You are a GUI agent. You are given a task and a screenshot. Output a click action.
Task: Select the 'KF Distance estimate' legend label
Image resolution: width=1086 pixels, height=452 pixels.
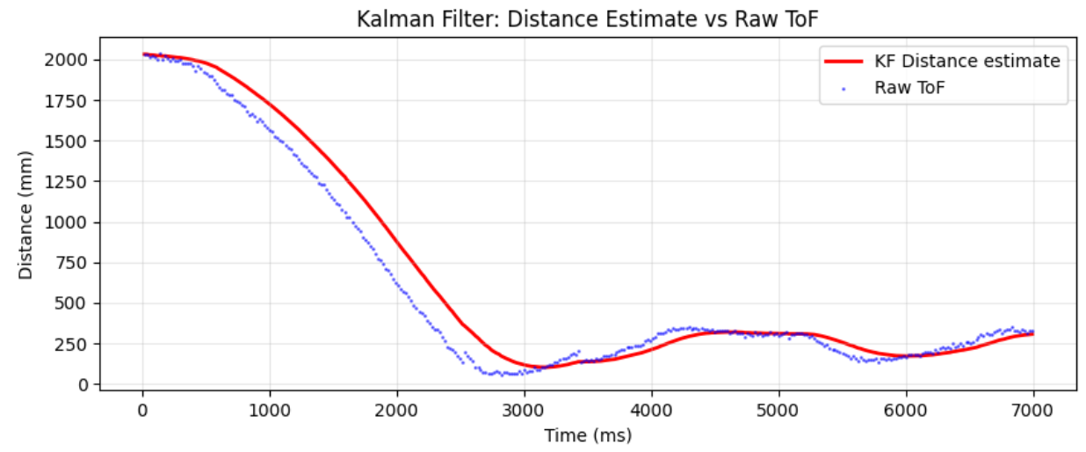967,61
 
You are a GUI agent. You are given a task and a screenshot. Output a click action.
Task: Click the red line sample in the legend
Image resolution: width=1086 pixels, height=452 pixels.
844,62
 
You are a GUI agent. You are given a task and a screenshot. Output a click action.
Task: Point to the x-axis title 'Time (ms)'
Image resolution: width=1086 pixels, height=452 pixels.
587,435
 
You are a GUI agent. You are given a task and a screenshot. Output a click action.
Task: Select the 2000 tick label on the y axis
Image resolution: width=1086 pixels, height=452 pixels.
70,60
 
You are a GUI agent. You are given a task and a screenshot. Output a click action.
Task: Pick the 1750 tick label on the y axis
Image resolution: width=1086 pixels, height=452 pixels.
70,101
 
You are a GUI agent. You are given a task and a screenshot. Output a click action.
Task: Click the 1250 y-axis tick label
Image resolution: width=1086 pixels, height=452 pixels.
70,182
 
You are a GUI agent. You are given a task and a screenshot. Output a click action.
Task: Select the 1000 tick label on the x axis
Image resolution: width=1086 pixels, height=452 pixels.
270,410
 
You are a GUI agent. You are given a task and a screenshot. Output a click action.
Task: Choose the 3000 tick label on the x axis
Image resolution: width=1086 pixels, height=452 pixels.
524,410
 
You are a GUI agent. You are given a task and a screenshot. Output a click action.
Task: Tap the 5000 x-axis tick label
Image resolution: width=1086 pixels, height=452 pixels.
778,410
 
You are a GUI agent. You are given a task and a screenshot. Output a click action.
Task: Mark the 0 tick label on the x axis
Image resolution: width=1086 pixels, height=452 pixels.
142,410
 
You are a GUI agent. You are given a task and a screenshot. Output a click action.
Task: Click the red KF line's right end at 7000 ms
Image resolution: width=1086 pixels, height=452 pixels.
1032,334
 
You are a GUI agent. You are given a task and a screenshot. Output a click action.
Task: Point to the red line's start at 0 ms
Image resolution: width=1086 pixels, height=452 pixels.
143,55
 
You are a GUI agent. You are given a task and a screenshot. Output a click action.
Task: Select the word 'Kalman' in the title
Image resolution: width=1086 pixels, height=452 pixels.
385,18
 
